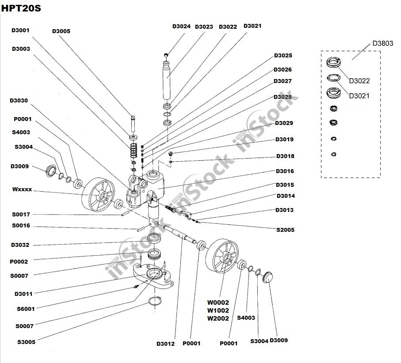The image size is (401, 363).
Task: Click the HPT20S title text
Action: point(21,8)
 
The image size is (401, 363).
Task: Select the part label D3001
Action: point(20,30)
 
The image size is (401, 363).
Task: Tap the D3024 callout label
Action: point(181,26)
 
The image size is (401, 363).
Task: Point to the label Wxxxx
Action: point(22,189)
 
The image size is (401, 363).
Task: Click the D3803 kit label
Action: point(382,43)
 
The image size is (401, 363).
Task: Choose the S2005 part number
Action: point(285,230)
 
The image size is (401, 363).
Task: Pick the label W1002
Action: point(218,310)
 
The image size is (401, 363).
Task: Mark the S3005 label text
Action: point(26,342)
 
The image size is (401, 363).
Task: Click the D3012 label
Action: point(165,344)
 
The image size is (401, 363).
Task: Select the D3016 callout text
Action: point(285,171)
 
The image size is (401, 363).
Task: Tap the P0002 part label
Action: point(19,262)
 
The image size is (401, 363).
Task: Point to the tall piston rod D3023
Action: point(168,82)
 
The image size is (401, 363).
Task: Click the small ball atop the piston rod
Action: point(166,55)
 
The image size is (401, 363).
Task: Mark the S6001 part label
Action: point(25,309)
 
